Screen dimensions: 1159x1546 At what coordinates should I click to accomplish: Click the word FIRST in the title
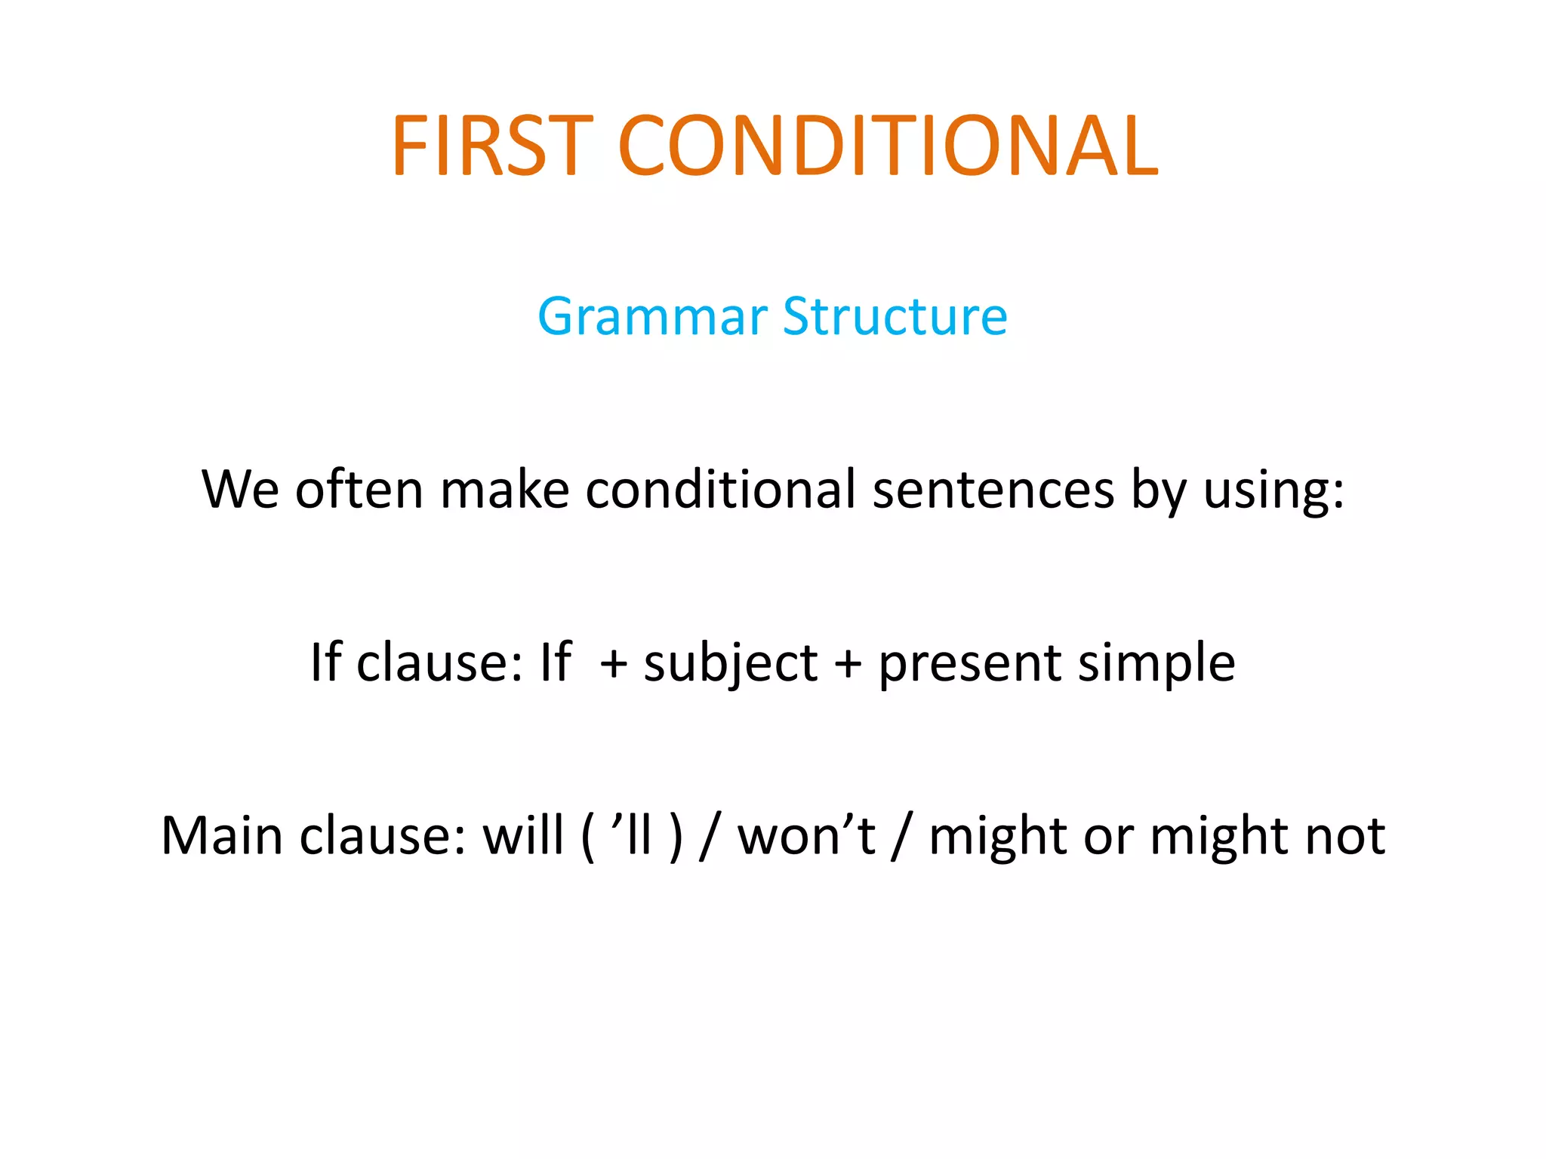[491, 145]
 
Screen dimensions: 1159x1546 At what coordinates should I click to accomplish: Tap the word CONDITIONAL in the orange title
[888, 145]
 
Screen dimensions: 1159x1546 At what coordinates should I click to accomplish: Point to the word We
[240, 489]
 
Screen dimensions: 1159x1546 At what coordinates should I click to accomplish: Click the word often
[359, 489]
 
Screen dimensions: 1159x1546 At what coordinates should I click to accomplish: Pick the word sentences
[993, 489]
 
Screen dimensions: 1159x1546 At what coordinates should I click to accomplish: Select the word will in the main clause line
[523, 835]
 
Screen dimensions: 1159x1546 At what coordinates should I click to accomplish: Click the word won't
[805, 835]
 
